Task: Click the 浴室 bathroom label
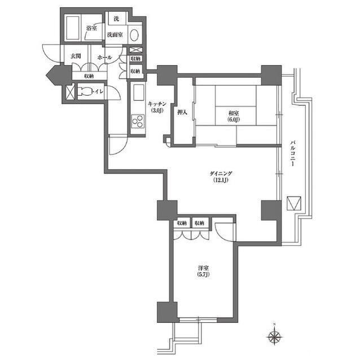[91, 28]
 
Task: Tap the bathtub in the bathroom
[73, 28]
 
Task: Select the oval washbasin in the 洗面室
[134, 35]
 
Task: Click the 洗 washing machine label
[117, 19]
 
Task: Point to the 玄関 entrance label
[76, 56]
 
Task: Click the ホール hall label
[104, 57]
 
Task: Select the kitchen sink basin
[138, 92]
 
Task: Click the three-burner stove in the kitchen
[138, 121]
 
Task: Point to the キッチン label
[157, 104]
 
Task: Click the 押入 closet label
[182, 113]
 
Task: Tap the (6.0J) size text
[234, 119]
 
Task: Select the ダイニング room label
[221, 174]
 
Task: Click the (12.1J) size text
[221, 180]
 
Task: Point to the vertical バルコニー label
[293, 153]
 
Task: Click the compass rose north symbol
[275, 337]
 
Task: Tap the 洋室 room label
[204, 268]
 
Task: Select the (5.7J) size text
[204, 274]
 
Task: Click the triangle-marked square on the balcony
[294, 203]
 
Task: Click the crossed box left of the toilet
[70, 92]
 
